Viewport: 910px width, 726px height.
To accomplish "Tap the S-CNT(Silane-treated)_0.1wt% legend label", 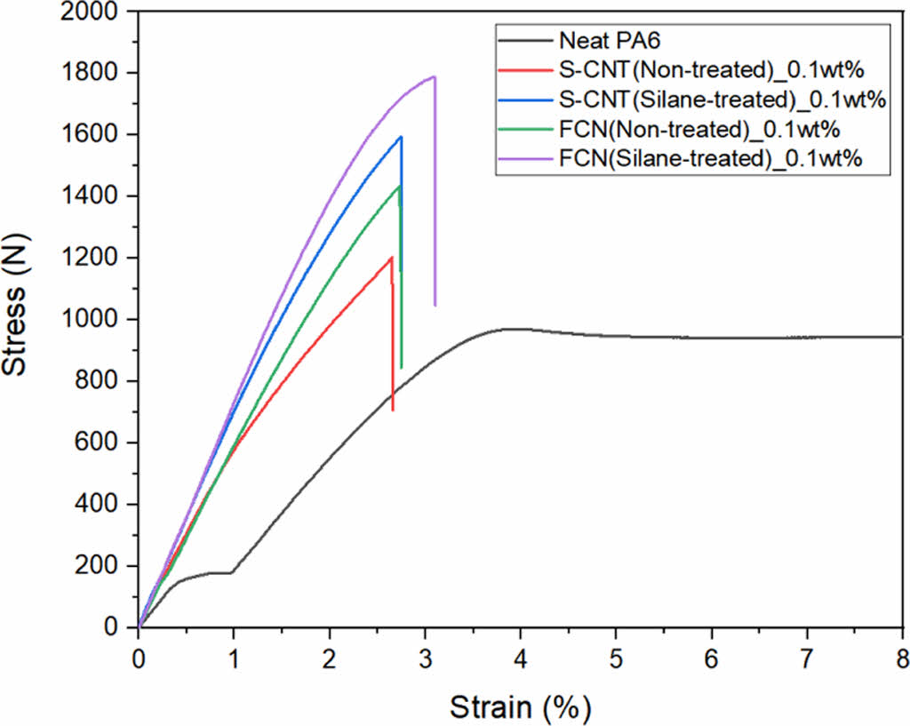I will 722,100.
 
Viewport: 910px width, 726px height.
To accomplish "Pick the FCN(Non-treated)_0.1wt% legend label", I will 699,130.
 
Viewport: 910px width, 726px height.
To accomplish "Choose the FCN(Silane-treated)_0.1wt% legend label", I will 710,160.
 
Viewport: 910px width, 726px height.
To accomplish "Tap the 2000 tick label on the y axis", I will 92,12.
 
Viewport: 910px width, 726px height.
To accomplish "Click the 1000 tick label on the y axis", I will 92,320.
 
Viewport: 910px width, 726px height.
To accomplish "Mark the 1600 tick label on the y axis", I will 92,135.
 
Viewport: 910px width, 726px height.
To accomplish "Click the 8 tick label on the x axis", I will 901,658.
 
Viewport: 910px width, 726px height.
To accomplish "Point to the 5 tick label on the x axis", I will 615,658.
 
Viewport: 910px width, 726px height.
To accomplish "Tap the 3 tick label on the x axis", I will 425,658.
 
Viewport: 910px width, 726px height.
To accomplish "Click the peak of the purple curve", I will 434,76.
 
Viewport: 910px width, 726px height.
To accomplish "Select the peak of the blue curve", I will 402,136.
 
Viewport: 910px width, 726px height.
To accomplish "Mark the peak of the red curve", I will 391,258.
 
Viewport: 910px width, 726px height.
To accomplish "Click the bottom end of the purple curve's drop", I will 435,306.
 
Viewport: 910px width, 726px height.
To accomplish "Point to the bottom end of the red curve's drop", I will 393,411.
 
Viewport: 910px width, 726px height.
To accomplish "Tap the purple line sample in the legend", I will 524,160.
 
